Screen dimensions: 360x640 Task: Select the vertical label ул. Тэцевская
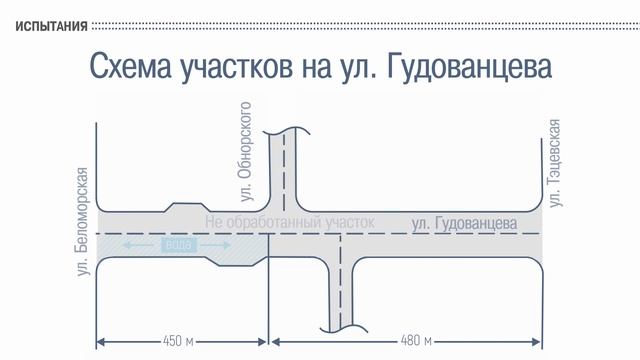pos(555,164)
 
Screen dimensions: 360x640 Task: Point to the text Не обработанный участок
pos(289,222)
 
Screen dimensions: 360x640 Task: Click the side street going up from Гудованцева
pos(284,165)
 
